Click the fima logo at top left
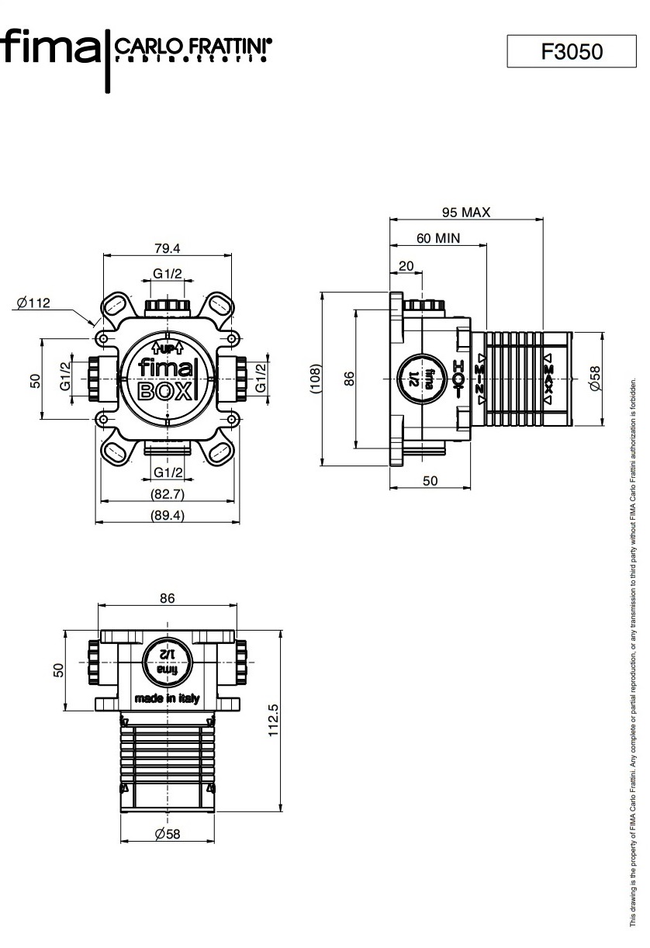pos(51,48)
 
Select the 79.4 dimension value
pos(167,248)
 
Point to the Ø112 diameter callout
pos(33,303)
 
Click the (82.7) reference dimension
pos(167,494)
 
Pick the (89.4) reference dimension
pos(167,515)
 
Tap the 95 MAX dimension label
pos(466,212)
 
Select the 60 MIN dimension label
pos(438,238)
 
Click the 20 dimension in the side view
pos(406,265)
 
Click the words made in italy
pos(167,698)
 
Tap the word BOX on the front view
pos(165,390)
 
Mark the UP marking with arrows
pos(167,347)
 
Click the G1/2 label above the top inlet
pos(167,273)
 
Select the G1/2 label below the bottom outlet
pos(168,472)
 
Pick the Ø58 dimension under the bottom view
pos(167,834)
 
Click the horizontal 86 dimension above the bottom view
pos(167,598)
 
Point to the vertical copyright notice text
pos(633,652)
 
